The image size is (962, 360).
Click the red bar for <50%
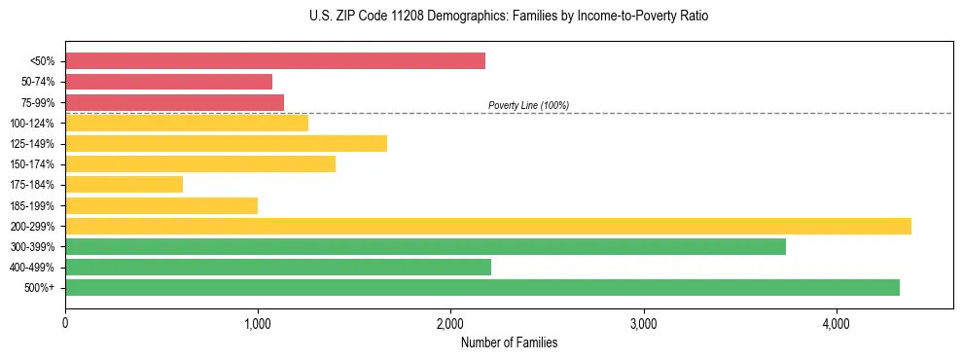click(275, 61)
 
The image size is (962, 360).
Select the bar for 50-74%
click(169, 82)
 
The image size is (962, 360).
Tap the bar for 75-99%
click(175, 102)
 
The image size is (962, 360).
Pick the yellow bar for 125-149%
click(227, 144)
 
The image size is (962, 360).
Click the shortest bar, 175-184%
click(125, 185)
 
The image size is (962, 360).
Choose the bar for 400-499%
click(278, 267)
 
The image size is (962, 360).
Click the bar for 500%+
click(482, 287)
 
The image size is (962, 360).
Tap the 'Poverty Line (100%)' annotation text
click(528, 105)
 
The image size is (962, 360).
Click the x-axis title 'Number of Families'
click(509, 342)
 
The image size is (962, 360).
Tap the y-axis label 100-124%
click(32, 124)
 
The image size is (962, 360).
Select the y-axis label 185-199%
click(32, 205)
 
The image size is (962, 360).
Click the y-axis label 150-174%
click(32, 164)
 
